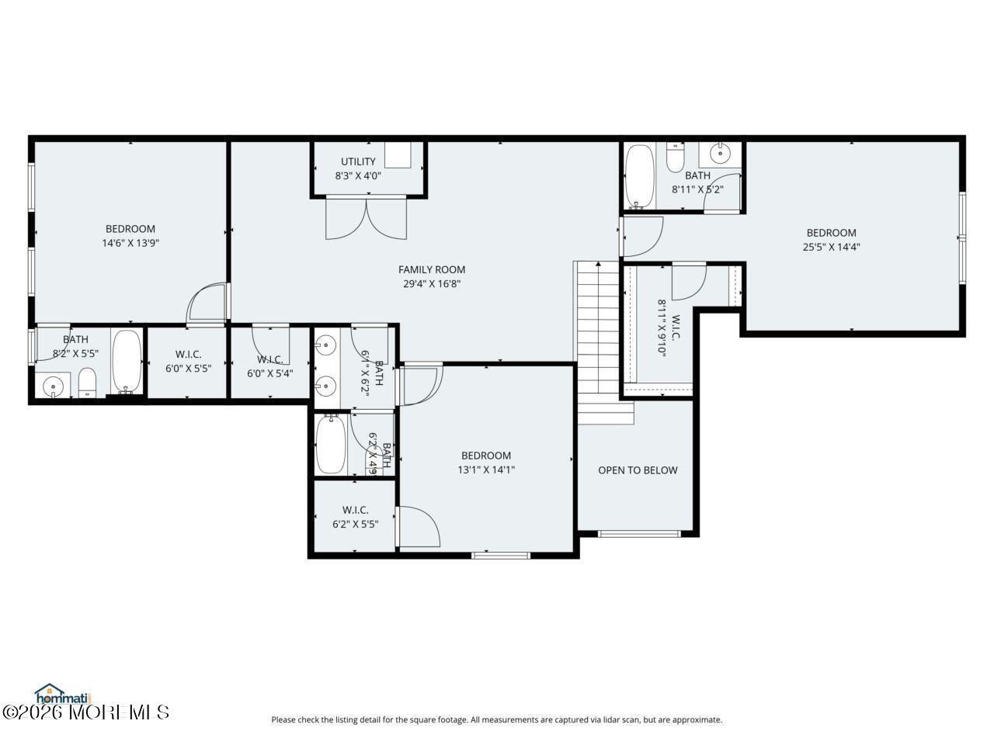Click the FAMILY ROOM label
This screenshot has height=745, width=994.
(x=432, y=269)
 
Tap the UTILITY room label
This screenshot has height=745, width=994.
(x=358, y=161)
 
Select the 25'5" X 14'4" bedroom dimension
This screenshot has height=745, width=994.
(x=831, y=248)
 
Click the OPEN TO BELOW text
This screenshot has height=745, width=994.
(x=638, y=470)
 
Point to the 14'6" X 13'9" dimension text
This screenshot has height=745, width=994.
(x=130, y=243)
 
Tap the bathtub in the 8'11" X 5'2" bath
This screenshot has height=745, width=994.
(x=640, y=175)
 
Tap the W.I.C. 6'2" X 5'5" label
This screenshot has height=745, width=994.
(x=355, y=517)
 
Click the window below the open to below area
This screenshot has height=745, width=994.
(x=639, y=533)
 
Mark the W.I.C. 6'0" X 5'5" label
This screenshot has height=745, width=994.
(x=188, y=361)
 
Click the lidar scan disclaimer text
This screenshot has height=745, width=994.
(x=496, y=719)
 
